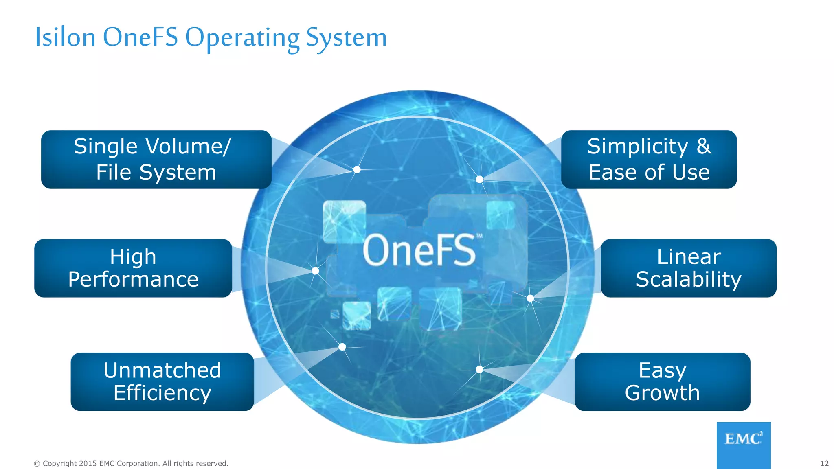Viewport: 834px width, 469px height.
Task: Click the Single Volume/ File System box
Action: [156, 159]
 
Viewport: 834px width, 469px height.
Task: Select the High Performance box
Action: [133, 268]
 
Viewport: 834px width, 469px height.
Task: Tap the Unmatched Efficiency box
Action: [162, 381]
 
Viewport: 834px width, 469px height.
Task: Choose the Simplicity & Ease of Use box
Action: [649, 159]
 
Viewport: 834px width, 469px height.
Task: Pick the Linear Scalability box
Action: [688, 268]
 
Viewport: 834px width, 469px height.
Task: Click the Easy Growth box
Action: [662, 381]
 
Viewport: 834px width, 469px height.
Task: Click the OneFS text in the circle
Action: [419, 250]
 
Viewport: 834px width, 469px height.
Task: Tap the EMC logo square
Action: [743, 445]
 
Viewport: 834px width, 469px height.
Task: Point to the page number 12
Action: [824, 463]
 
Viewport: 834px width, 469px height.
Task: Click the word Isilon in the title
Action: [65, 37]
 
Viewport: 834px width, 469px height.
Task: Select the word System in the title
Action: [346, 37]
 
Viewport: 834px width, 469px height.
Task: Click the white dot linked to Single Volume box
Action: [357, 169]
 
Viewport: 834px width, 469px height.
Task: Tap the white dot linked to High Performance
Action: [315, 271]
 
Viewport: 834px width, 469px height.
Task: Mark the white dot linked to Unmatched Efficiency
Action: [342, 347]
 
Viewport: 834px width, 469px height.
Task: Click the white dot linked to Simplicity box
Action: [479, 179]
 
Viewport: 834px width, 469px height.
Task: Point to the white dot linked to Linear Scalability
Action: [530, 298]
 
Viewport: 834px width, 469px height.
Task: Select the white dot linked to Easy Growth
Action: [479, 369]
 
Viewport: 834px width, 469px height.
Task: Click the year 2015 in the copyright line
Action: [88, 463]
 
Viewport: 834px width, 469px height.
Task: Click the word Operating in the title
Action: [242, 37]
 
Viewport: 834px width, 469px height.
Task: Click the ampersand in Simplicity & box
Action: [704, 146]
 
